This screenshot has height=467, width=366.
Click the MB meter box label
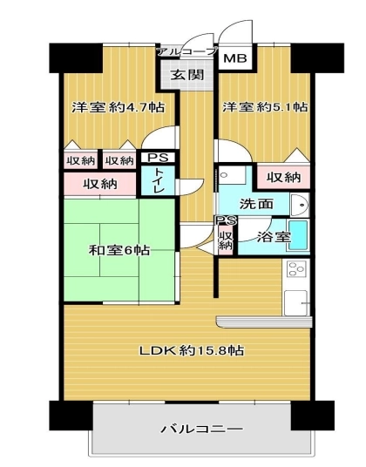235,58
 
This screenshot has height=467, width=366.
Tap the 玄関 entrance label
187,74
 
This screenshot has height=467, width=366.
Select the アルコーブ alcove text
187,51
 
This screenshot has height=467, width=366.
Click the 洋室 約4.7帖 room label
119,107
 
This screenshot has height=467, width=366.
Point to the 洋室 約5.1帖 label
265,107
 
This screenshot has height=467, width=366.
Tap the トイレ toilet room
158,180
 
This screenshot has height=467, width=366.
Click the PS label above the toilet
158,157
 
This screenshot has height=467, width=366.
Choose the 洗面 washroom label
256,204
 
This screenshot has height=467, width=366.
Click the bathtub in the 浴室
298,236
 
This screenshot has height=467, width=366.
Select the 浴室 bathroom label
274,237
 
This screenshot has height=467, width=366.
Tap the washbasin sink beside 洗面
300,205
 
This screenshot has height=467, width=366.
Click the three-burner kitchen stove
296,270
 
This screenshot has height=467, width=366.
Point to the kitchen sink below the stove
295,302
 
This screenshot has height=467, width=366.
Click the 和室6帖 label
119,250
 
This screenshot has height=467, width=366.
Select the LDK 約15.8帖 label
192,350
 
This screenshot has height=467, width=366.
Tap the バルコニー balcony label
202,430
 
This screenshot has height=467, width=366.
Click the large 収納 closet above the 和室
100,185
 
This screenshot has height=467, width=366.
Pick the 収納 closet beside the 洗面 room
283,178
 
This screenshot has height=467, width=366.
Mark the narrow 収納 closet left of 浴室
226,240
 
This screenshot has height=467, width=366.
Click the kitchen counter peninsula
264,321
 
